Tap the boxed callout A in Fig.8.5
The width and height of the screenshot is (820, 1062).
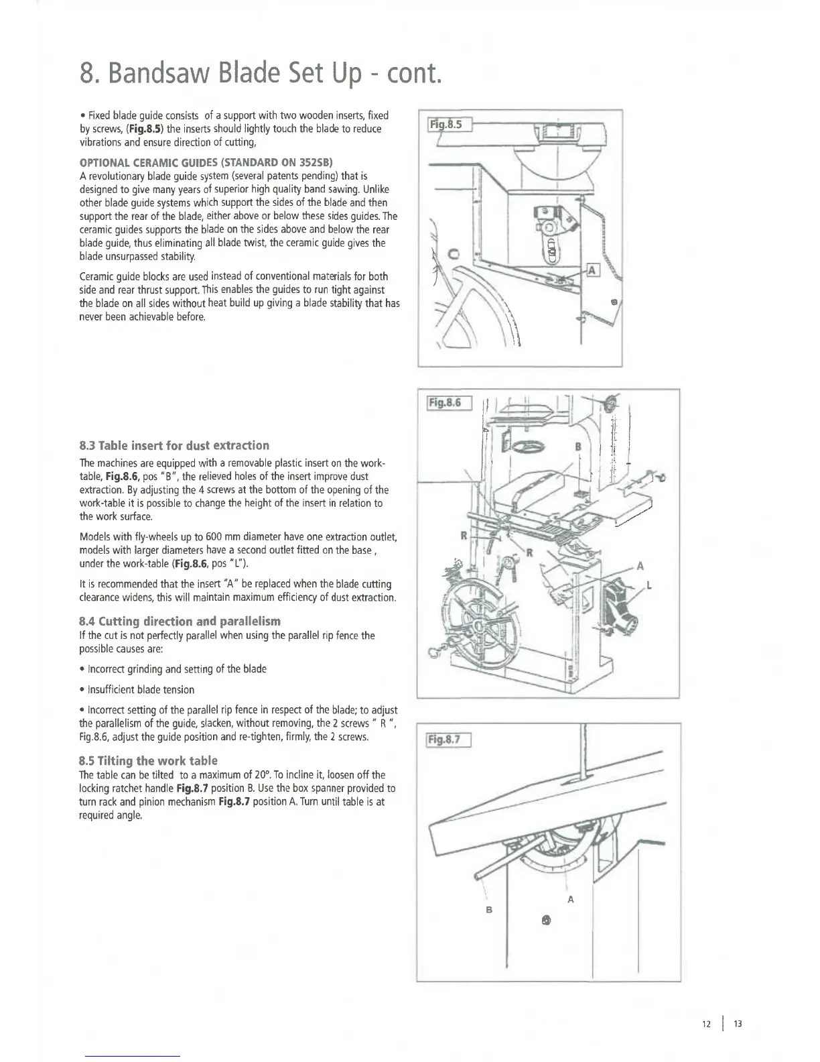click(592, 270)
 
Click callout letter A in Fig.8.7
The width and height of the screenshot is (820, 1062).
click(570, 899)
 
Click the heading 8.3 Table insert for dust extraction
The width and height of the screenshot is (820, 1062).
click(174, 445)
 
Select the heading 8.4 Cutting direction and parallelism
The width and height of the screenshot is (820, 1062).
click(180, 621)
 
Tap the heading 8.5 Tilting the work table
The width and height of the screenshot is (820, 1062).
click(148, 760)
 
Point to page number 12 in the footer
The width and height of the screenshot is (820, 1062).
click(705, 1024)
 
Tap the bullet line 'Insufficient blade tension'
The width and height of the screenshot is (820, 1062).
click(139, 690)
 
